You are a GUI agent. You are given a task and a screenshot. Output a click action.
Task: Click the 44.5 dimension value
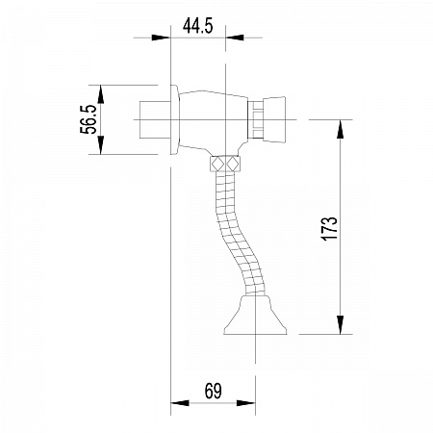click(197, 26)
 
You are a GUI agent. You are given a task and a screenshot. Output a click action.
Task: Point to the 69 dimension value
click(213, 391)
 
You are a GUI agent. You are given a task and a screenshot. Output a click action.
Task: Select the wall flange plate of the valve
click(174, 119)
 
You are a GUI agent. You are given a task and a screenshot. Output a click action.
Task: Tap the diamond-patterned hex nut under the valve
click(225, 164)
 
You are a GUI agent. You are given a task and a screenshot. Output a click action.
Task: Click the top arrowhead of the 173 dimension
click(340, 122)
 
